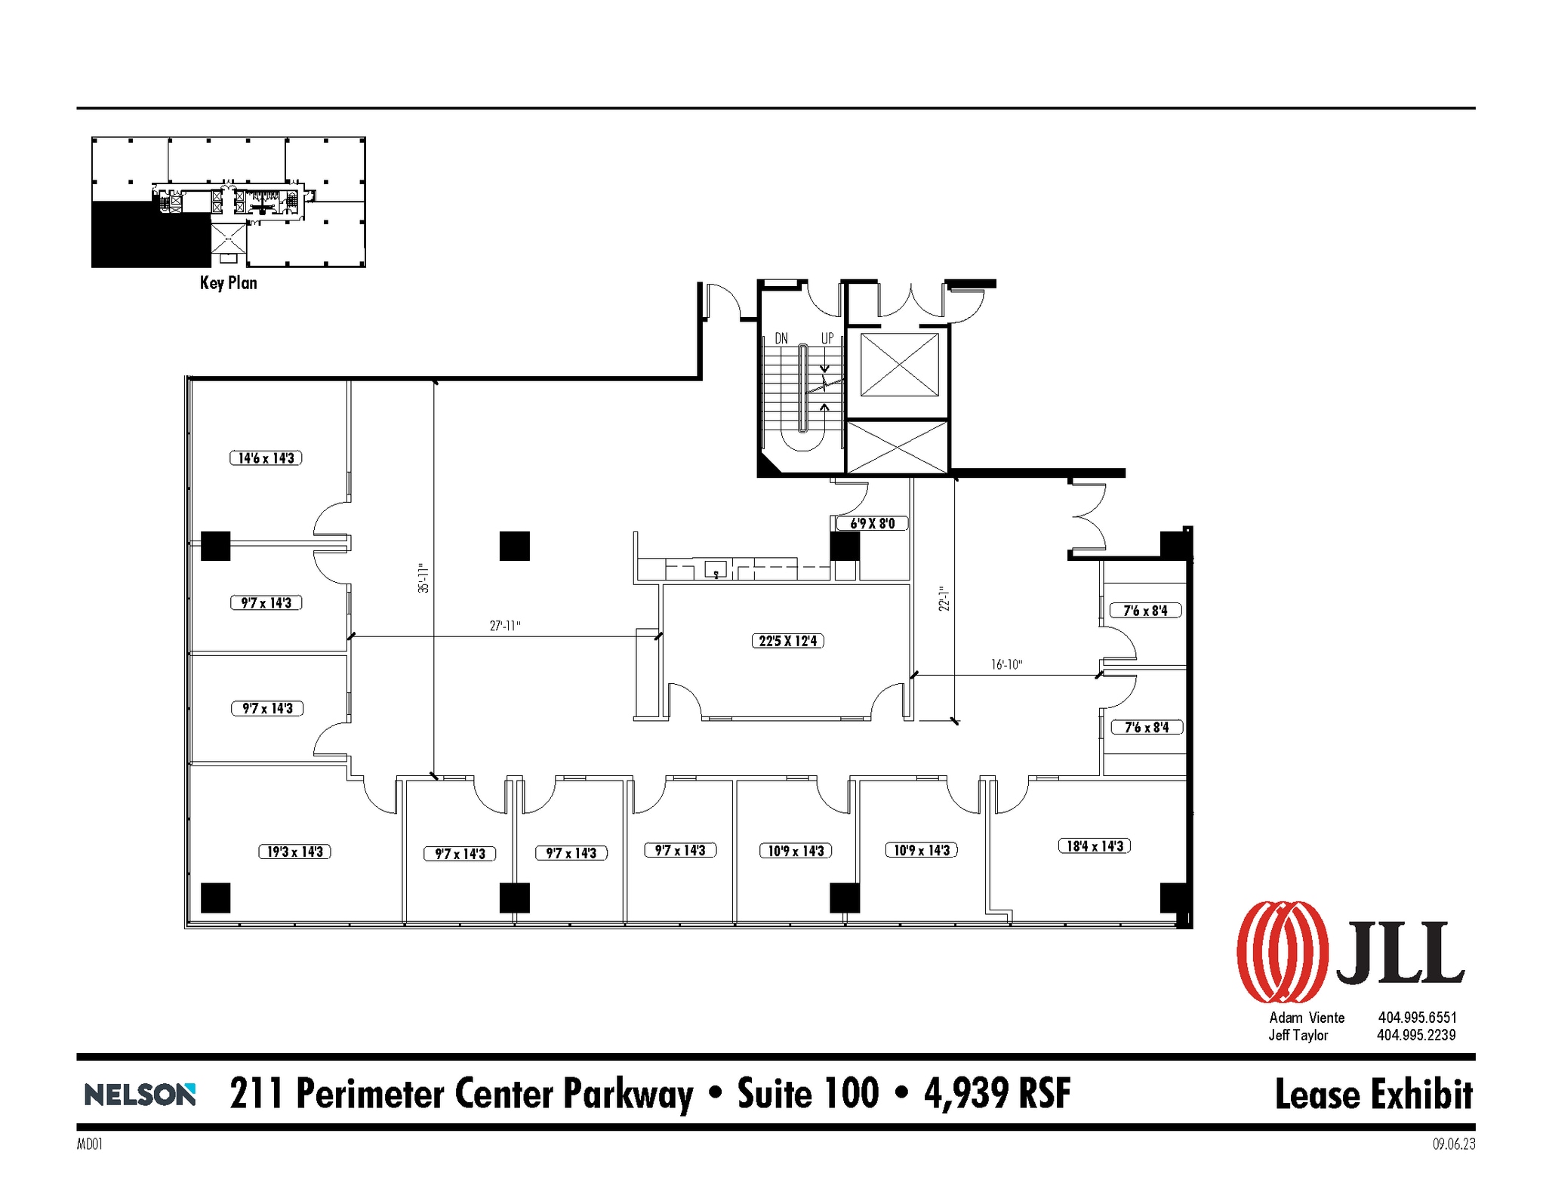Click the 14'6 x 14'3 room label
click(x=266, y=458)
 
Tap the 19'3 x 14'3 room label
click(x=294, y=852)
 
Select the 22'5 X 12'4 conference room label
click(x=787, y=641)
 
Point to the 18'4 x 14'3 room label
click(x=1094, y=846)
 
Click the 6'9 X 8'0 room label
click(x=872, y=523)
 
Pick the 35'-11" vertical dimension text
click(x=423, y=578)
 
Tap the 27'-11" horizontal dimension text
click(x=505, y=626)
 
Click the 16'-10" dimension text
click(x=1006, y=664)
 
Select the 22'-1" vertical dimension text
click(x=944, y=599)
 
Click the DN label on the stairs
click(x=781, y=338)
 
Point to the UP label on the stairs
click(x=827, y=338)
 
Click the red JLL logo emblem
click(x=1282, y=951)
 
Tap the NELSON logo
click(x=140, y=1094)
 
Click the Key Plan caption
click(x=228, y=283)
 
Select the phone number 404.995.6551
click(x=1417, y=1018)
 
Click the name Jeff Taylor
click(x=1298, y=1035)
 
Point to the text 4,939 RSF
click(x=996, y=1093)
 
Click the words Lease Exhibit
click(x=1373, y=1095)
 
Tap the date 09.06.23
click(x=1453, y=1144)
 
